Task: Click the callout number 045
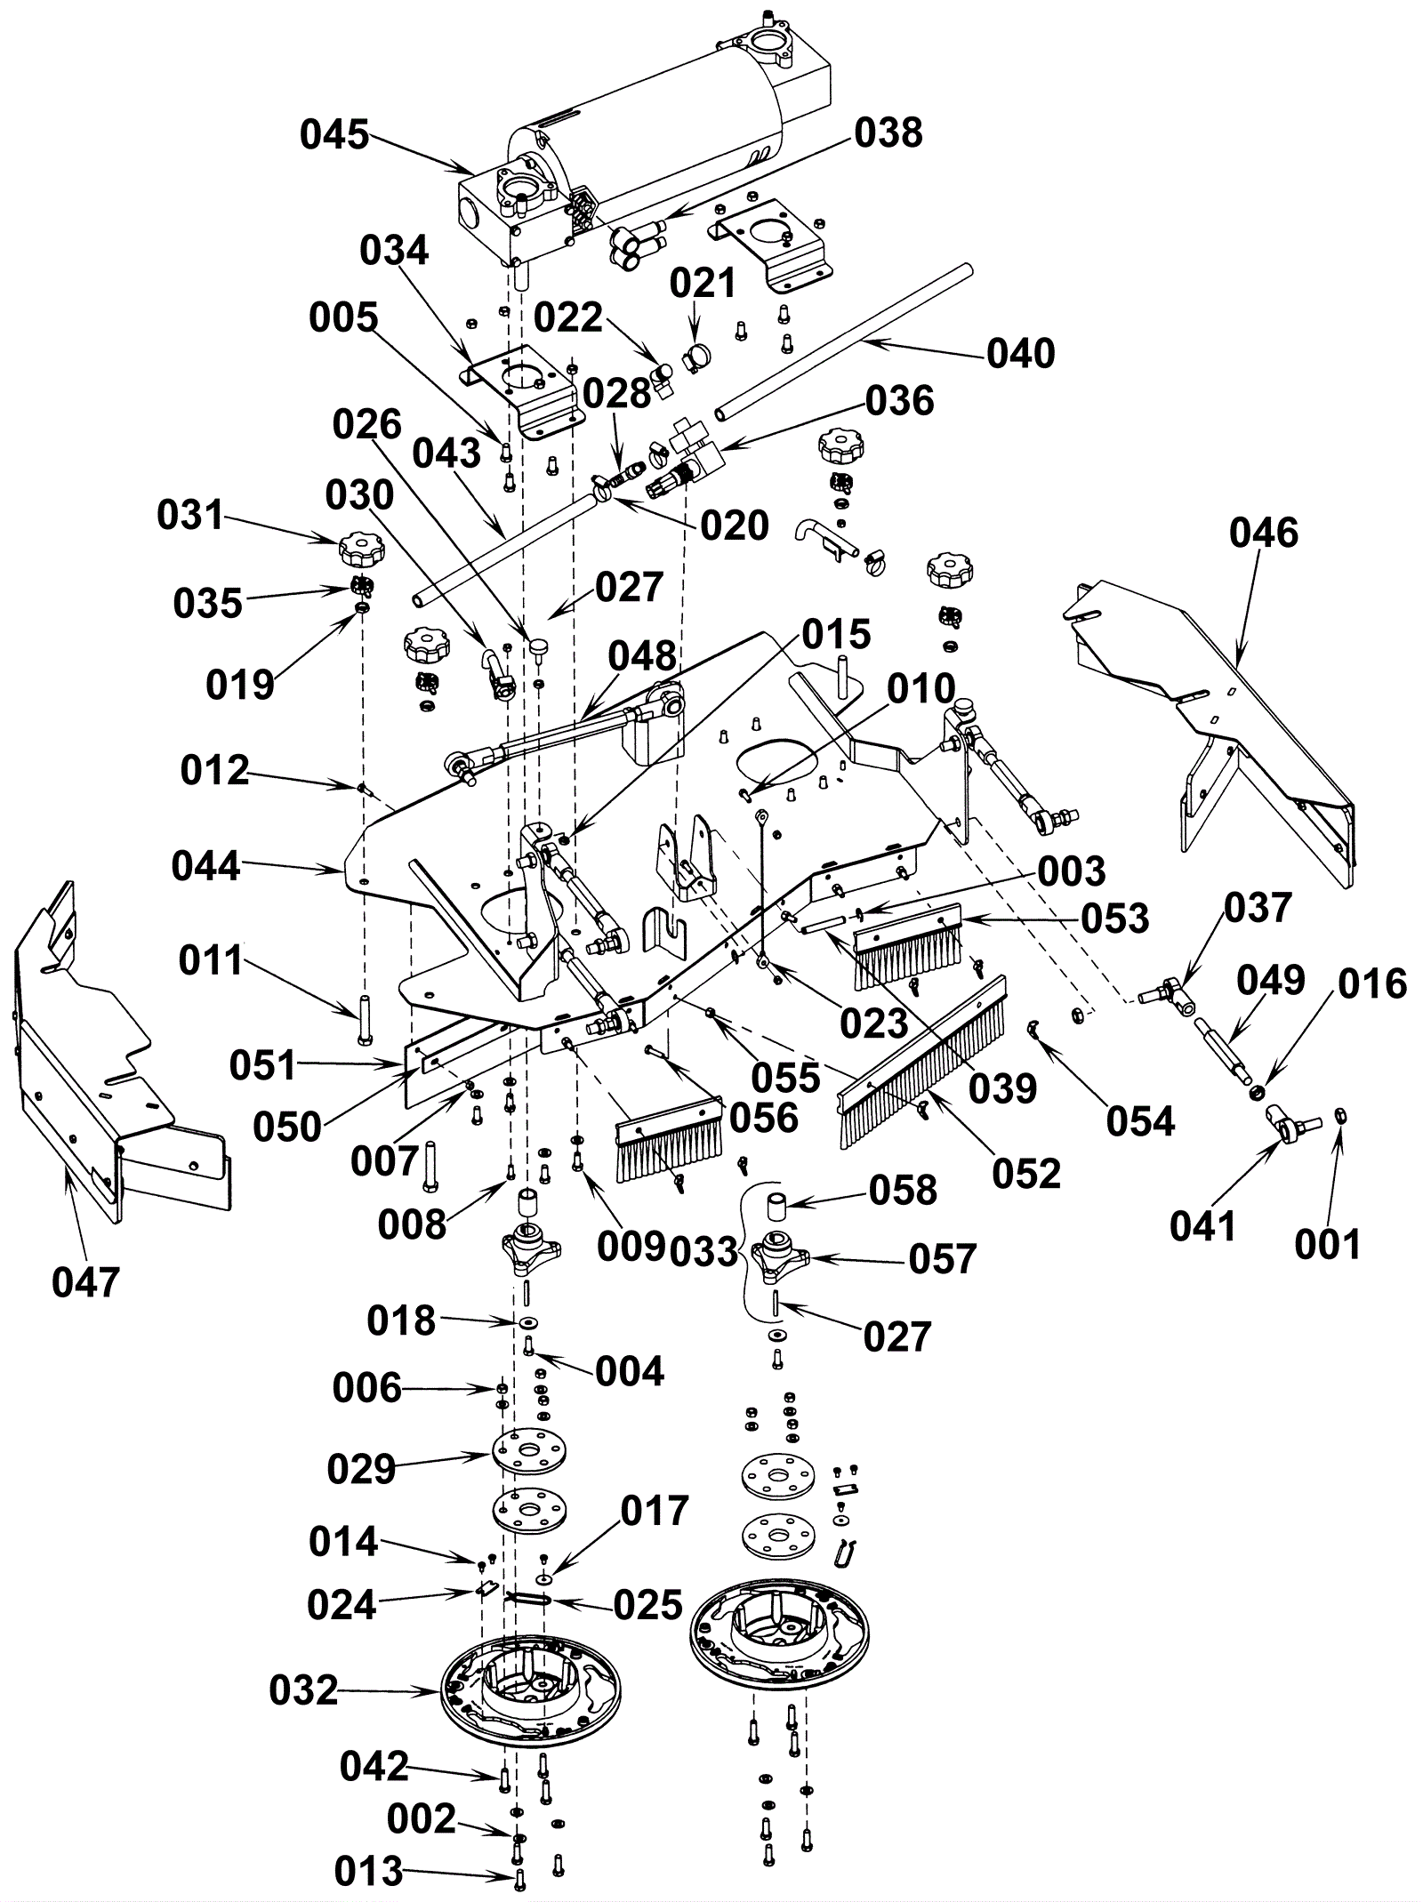point(334,136)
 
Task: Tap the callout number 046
point(1264,534)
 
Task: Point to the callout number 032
point(304,1690)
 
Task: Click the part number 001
point(1328,1245)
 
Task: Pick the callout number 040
point(1021,354)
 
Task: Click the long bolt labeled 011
point(365,1019)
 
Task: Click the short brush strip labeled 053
point(907,948)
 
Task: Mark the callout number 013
point(369,1874)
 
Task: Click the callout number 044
point(206,866)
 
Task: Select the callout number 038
point(888,133)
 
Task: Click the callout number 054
point(1140,1122)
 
